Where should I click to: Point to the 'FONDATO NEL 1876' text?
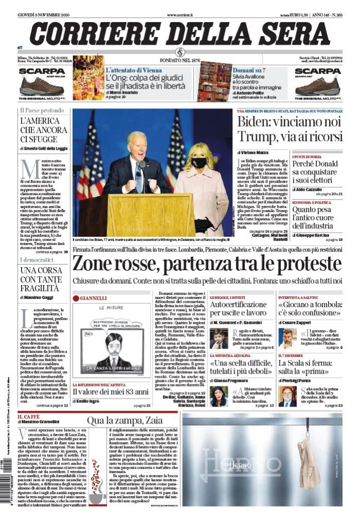point(180,60)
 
